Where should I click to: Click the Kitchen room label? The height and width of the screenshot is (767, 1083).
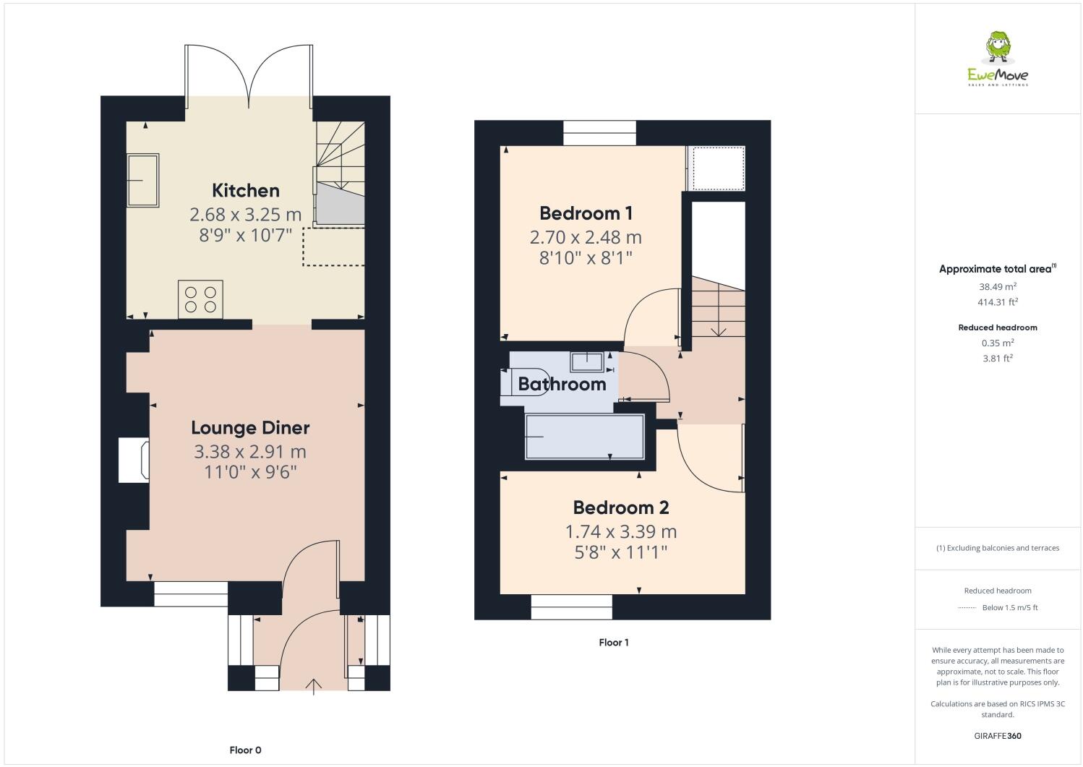245,191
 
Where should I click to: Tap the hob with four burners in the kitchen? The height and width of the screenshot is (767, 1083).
200,299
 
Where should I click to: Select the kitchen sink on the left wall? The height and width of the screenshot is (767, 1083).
143,181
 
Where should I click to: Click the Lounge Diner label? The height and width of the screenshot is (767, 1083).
250,428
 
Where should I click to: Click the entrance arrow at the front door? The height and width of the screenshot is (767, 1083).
314,686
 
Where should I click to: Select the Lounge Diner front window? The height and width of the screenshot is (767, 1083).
191,594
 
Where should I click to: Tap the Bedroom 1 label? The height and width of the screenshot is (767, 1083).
586,213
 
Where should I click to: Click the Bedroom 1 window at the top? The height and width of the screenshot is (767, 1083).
599,133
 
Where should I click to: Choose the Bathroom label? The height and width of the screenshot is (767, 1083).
562,384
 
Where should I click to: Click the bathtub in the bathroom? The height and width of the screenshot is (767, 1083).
584,437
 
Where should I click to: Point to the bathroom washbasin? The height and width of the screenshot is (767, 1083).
586,360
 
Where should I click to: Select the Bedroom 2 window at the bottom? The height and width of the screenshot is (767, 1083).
571,607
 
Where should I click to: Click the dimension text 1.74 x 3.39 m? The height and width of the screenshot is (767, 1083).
620,532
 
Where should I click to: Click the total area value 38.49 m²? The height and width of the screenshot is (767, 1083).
998,286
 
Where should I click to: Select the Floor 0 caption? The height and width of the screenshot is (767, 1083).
245,750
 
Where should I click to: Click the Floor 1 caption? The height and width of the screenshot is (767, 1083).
614,643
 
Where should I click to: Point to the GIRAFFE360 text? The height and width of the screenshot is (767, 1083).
998,737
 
